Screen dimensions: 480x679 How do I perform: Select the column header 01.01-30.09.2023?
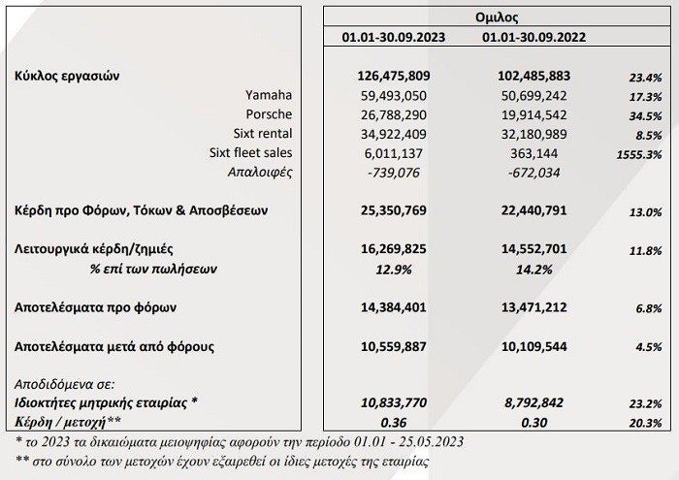click(393, 38)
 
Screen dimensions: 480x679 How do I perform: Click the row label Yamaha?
click(271, 95)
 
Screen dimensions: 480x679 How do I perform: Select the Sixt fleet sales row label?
click(250, 153)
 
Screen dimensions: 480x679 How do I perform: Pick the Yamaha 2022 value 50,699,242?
click(546, 95)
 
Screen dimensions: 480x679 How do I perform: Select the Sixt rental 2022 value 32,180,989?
click(546, 134)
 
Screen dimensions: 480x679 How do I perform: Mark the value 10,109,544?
click(546, 345)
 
